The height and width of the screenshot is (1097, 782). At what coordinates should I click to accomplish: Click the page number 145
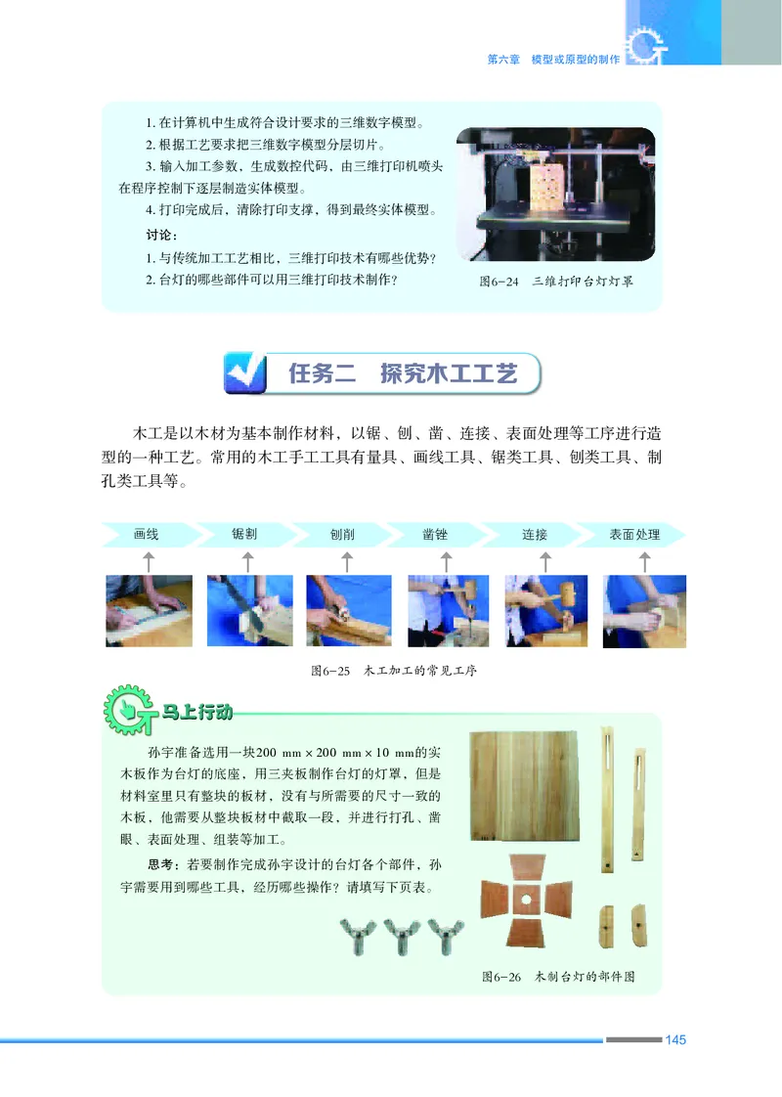pos(675,1039)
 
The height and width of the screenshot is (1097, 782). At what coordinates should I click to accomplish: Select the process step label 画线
pos(147,535)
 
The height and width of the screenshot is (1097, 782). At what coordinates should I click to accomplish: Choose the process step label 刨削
pos(343,535)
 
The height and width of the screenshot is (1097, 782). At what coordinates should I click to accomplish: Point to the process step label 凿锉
pos(436,535)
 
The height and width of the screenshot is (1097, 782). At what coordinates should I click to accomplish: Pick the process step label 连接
pos(535,535)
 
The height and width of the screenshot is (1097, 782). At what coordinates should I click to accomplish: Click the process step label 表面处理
pos(634,535)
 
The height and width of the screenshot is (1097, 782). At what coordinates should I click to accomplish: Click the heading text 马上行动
pos(196,712)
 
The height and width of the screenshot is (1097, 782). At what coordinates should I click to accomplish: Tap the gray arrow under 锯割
pos(247,561)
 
